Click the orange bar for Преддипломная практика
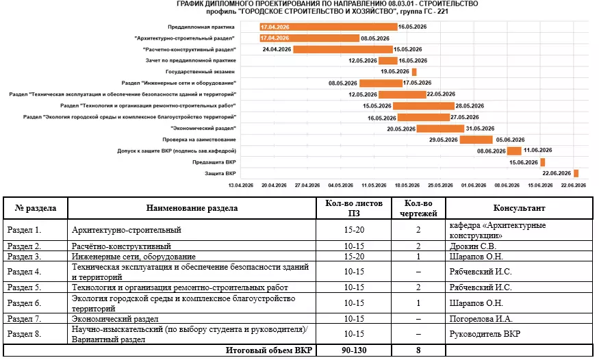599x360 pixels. tap(328, 27)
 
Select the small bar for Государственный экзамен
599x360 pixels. tap(414, 72)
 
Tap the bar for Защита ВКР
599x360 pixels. tap(576, 173)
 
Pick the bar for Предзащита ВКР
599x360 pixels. tap(543, 162)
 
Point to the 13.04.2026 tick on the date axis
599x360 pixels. tap(240, 185)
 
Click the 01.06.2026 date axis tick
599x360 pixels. tap(474, 185)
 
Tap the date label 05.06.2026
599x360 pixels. tap(510, 140)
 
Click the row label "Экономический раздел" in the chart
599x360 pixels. tap(203, 128)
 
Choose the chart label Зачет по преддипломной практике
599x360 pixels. tap(194, 61)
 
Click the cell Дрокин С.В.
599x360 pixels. tap(472, 246)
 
